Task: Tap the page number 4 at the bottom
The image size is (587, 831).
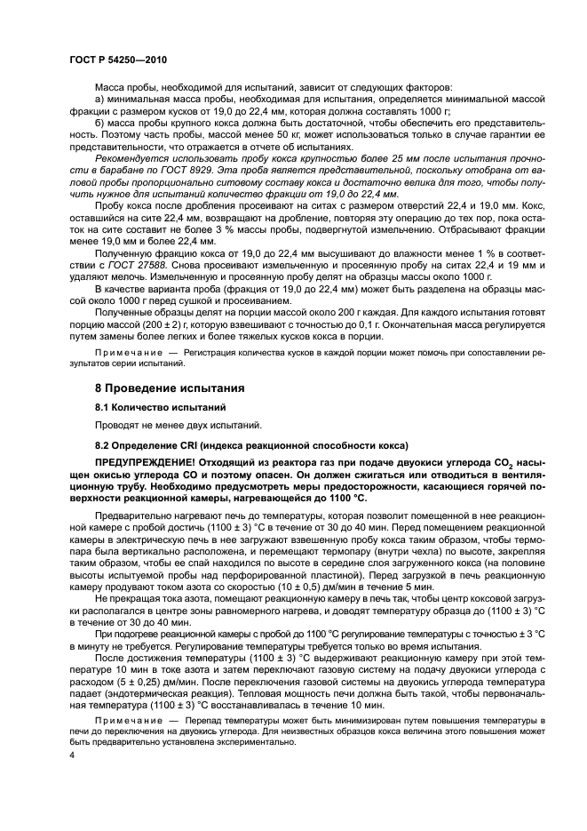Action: (72, 754)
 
